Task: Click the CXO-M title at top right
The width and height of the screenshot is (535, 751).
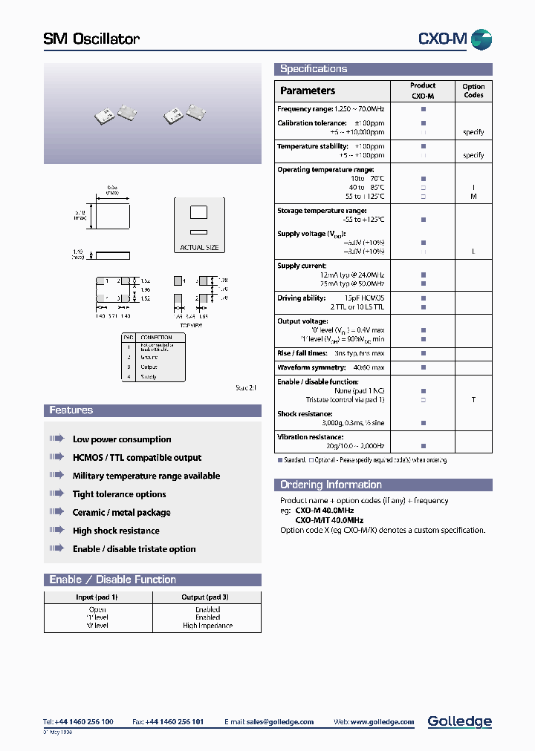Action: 443,39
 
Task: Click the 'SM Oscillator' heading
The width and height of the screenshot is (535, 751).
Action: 91,39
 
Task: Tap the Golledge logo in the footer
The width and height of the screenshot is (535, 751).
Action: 459,721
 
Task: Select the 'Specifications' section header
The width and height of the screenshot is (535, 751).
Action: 314,69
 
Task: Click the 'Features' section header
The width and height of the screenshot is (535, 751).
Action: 71,410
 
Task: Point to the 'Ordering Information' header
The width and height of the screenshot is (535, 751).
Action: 331,485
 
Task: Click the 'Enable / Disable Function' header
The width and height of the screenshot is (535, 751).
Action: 112,580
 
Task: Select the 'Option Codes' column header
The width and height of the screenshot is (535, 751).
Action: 473,91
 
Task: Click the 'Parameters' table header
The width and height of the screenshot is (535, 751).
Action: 308,91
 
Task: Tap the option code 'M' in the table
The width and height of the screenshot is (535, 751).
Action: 473,197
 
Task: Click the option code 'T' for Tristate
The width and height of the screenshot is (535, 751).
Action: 473,399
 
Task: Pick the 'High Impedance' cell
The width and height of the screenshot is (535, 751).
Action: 207,626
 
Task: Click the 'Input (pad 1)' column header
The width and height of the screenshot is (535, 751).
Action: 97,597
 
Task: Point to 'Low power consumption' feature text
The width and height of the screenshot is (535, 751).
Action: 122,439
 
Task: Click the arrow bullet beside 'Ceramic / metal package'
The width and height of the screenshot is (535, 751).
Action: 57,512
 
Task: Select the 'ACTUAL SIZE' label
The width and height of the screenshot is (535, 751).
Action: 199,248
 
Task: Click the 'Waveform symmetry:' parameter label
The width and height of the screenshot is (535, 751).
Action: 311,367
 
